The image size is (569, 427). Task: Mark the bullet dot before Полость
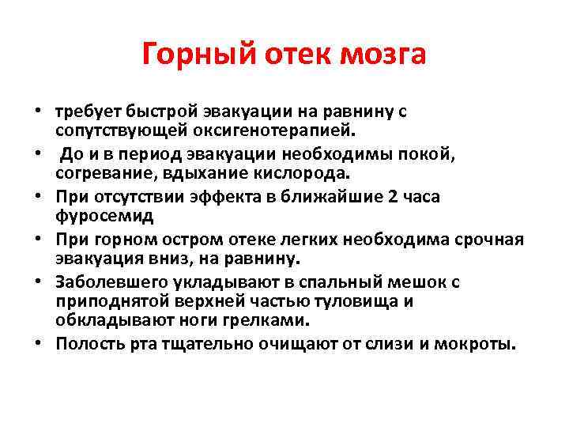point(39,345)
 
